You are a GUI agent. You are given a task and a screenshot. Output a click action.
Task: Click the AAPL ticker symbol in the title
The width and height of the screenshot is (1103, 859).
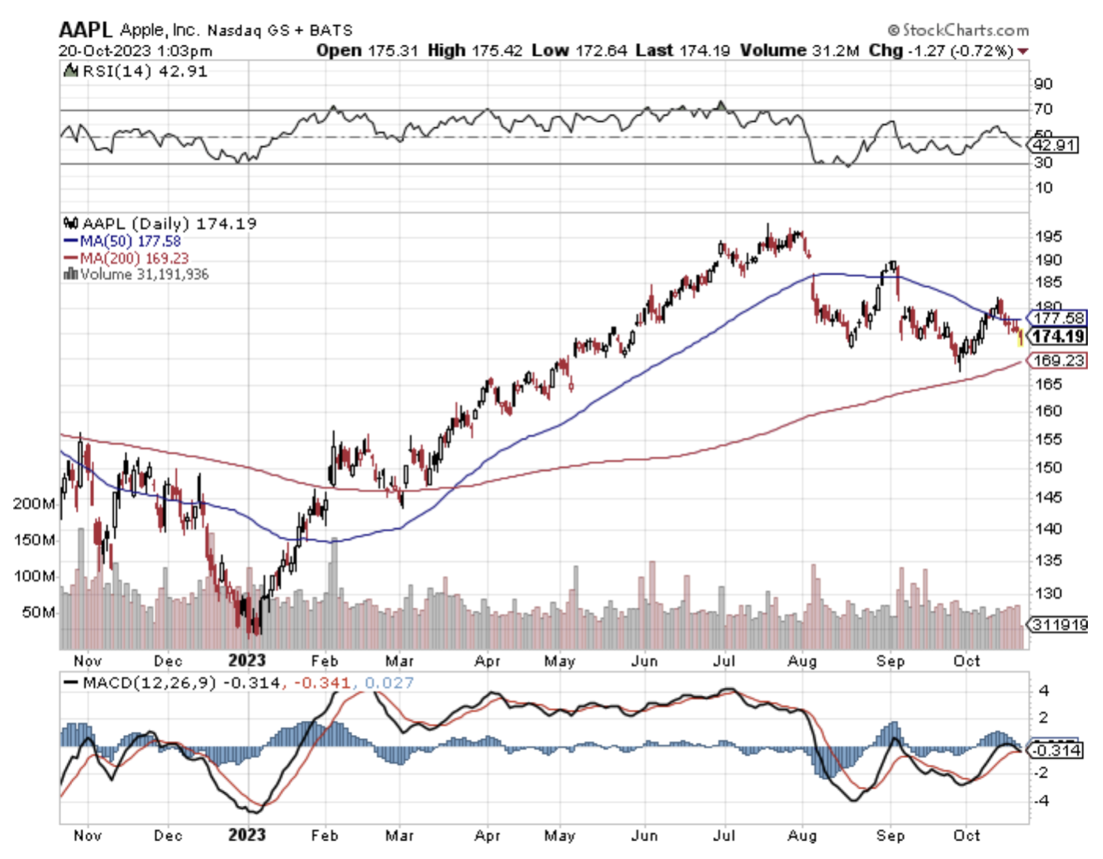85,30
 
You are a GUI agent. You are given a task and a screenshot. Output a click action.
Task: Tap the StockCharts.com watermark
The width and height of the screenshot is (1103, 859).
958,30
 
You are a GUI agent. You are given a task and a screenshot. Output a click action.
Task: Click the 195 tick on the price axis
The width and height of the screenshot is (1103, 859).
1048,237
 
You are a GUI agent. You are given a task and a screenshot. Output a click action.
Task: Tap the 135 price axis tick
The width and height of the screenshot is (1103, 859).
1048,560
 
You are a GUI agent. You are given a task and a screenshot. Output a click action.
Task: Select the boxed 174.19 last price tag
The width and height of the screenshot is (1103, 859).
1058,336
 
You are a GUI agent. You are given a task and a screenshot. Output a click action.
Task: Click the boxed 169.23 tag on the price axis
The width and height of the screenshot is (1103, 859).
1058,361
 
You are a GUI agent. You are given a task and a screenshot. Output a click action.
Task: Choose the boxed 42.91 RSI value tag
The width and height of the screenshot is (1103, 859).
1054,145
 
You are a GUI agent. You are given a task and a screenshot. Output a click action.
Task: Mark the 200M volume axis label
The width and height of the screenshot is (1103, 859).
34,504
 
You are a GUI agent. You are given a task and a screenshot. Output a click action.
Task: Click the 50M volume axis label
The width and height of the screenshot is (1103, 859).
38,612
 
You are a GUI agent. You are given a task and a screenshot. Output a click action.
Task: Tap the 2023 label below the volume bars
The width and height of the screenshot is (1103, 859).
247,661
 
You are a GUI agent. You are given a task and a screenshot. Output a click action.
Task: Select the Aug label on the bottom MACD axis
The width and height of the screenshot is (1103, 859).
802,835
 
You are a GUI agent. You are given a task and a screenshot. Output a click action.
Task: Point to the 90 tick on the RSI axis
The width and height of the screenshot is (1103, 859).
1043,83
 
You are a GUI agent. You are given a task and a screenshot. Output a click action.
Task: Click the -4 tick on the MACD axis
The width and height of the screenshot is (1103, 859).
1042,801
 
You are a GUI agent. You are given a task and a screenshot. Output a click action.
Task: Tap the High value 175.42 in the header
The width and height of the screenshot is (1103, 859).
496,51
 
